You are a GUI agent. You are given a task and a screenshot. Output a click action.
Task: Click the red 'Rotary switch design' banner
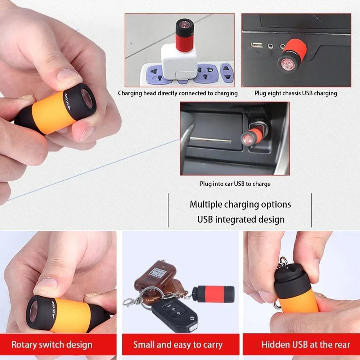pos(52,345)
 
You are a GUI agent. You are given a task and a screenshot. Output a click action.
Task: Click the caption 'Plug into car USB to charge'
pos(235,184)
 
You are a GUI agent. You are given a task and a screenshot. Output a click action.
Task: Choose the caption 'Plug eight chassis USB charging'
pos(296,93)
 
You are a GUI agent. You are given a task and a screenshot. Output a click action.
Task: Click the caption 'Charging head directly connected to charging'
pos(178,93)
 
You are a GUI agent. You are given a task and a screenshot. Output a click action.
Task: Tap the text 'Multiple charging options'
pos(240,204)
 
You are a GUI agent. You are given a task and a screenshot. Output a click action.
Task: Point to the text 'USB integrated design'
pos(240,219)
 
